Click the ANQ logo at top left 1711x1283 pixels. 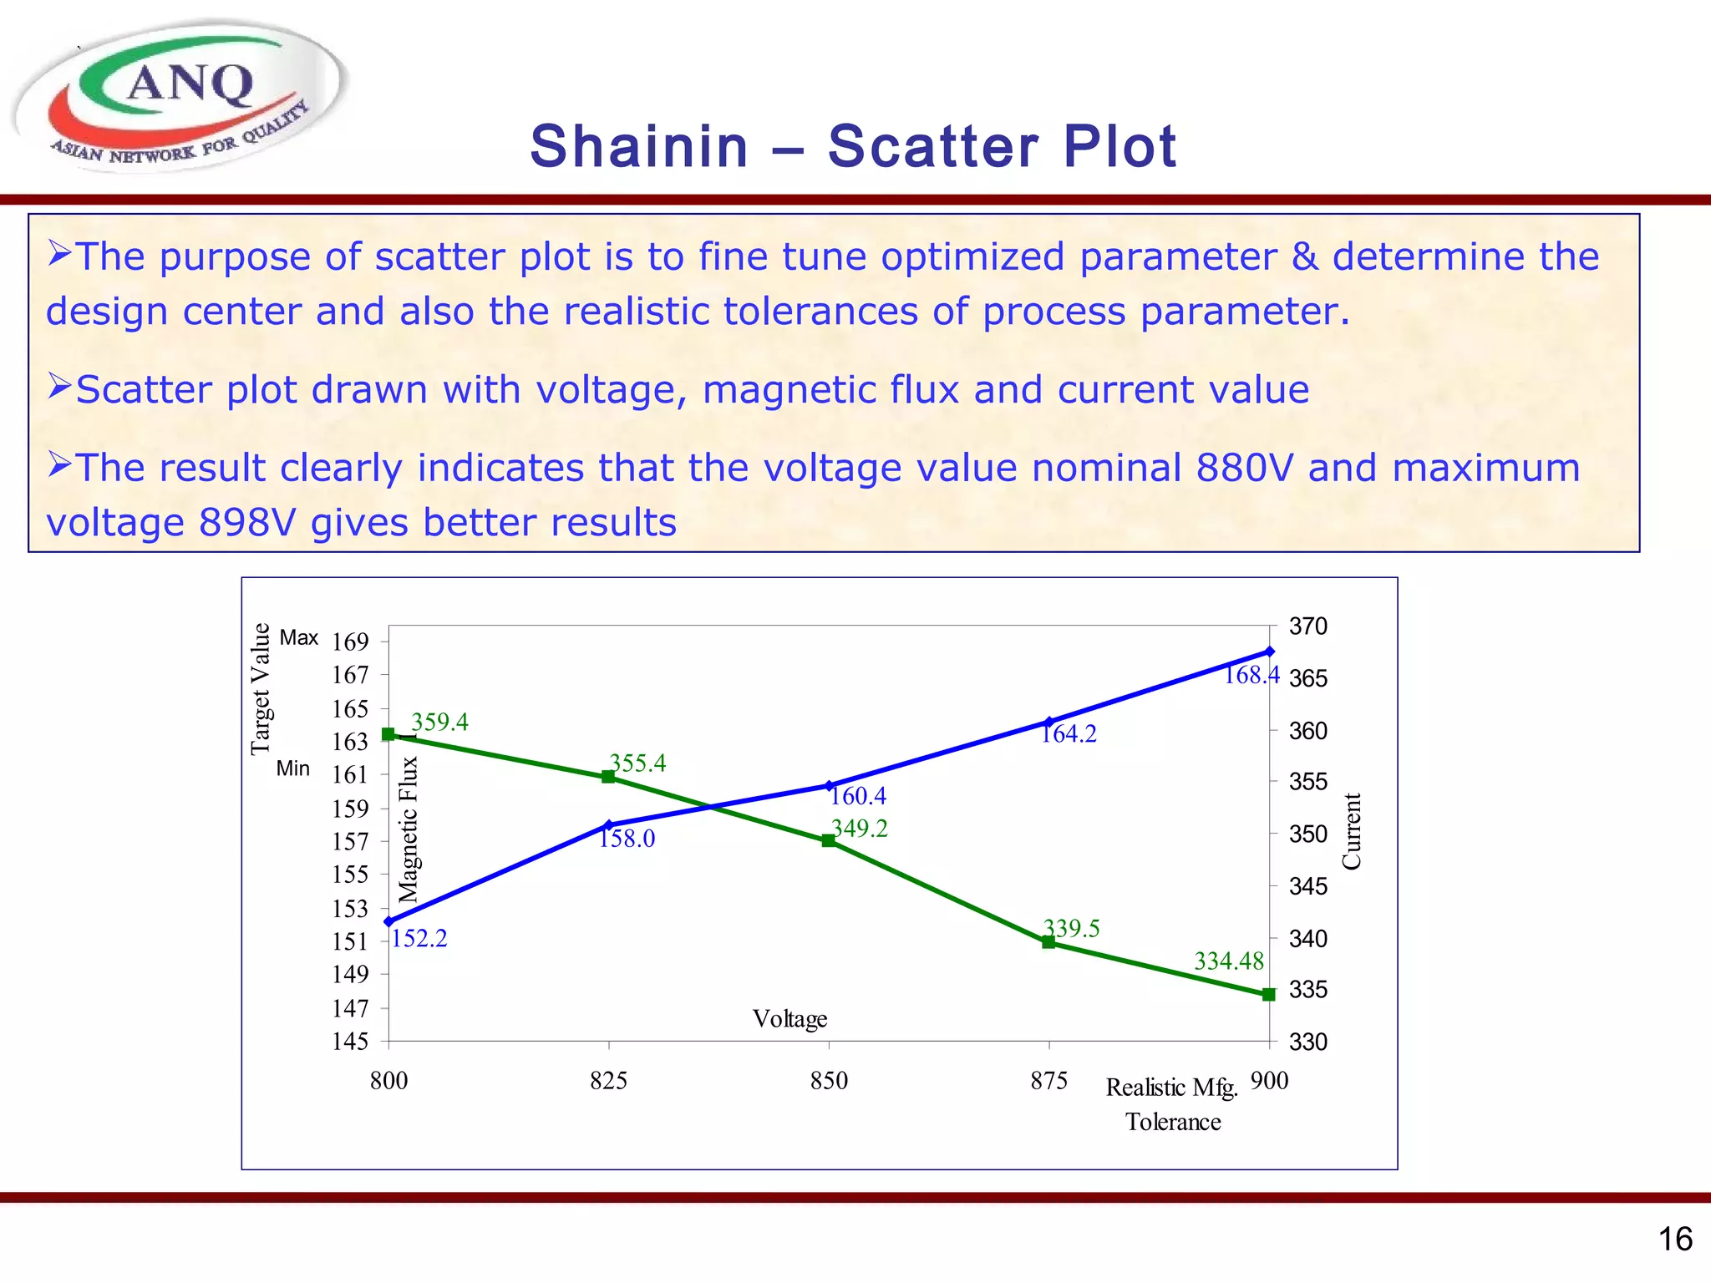[x=180, y=96]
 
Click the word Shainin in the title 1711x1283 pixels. [x=638, y=147]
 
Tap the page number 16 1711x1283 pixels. [x=1674, y=1240]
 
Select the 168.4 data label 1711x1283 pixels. [x=1251, y=675]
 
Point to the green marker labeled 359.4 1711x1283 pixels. [x=388, y=734]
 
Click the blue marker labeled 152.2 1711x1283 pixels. [x=388, y=921]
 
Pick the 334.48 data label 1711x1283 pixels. [x=1228, y=961]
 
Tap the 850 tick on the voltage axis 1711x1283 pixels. [x=829, y=1081]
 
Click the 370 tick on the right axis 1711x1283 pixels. [x=1307, y=626]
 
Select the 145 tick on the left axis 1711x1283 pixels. [x=350, y=1042]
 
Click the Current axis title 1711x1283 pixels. [x=1351, y=831]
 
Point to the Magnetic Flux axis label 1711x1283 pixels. [x=408, y=829]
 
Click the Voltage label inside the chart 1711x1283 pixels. [x=789, y=1019]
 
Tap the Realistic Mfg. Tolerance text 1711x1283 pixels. [x=1172, y=1104]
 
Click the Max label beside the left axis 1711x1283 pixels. [x=298, y=638]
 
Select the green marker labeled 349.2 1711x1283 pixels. [x=829, y=841]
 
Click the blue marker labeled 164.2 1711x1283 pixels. [x=1049, y=722]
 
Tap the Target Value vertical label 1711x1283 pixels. [x=261, y=688]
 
